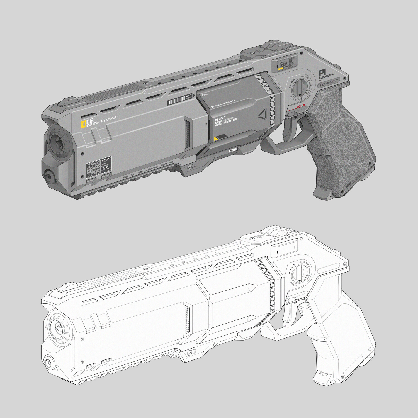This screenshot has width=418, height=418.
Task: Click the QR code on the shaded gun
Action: (93, 169)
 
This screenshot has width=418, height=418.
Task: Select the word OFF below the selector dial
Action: (300, 100)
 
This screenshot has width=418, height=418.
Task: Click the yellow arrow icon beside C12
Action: (82, 124)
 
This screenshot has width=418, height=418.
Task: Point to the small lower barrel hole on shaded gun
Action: (50, 176)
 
